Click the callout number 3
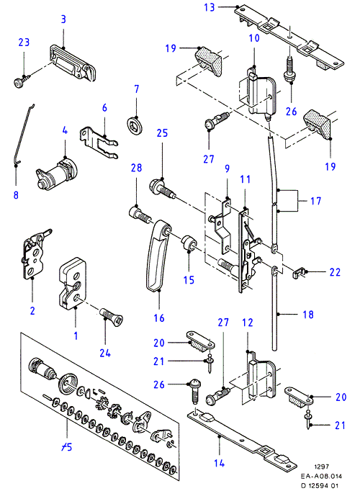(63, 19)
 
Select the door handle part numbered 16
(158, 256)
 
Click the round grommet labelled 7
(136, 125)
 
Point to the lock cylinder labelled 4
(57, 174)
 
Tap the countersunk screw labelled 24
(112, 317)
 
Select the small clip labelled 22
(298, 272)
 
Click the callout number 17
(315, 201)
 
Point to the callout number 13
(210, 7)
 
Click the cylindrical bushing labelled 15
(189, 243)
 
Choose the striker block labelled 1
(73, 281)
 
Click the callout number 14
(219, 463)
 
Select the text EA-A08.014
(321, 477)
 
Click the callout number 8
(16, 195)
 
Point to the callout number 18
(308, 315)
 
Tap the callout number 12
(247, 323)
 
